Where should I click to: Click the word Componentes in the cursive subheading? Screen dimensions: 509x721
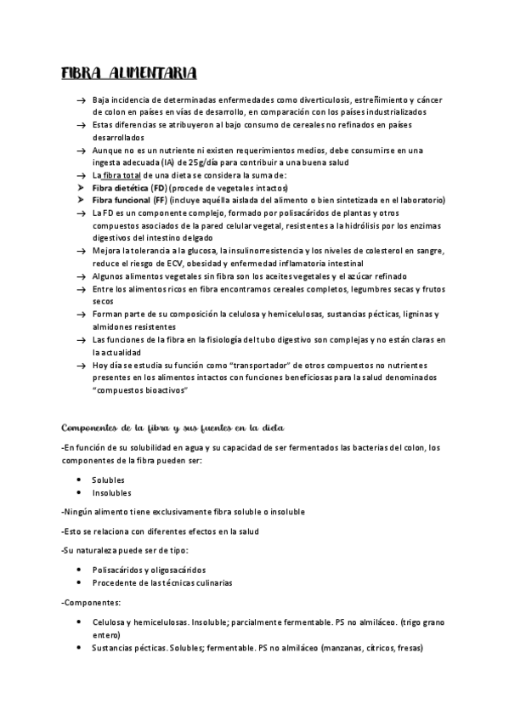pyautogui.click(x=88, y=426)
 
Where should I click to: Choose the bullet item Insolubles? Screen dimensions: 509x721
pyautogui.click(x=112, y=492)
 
